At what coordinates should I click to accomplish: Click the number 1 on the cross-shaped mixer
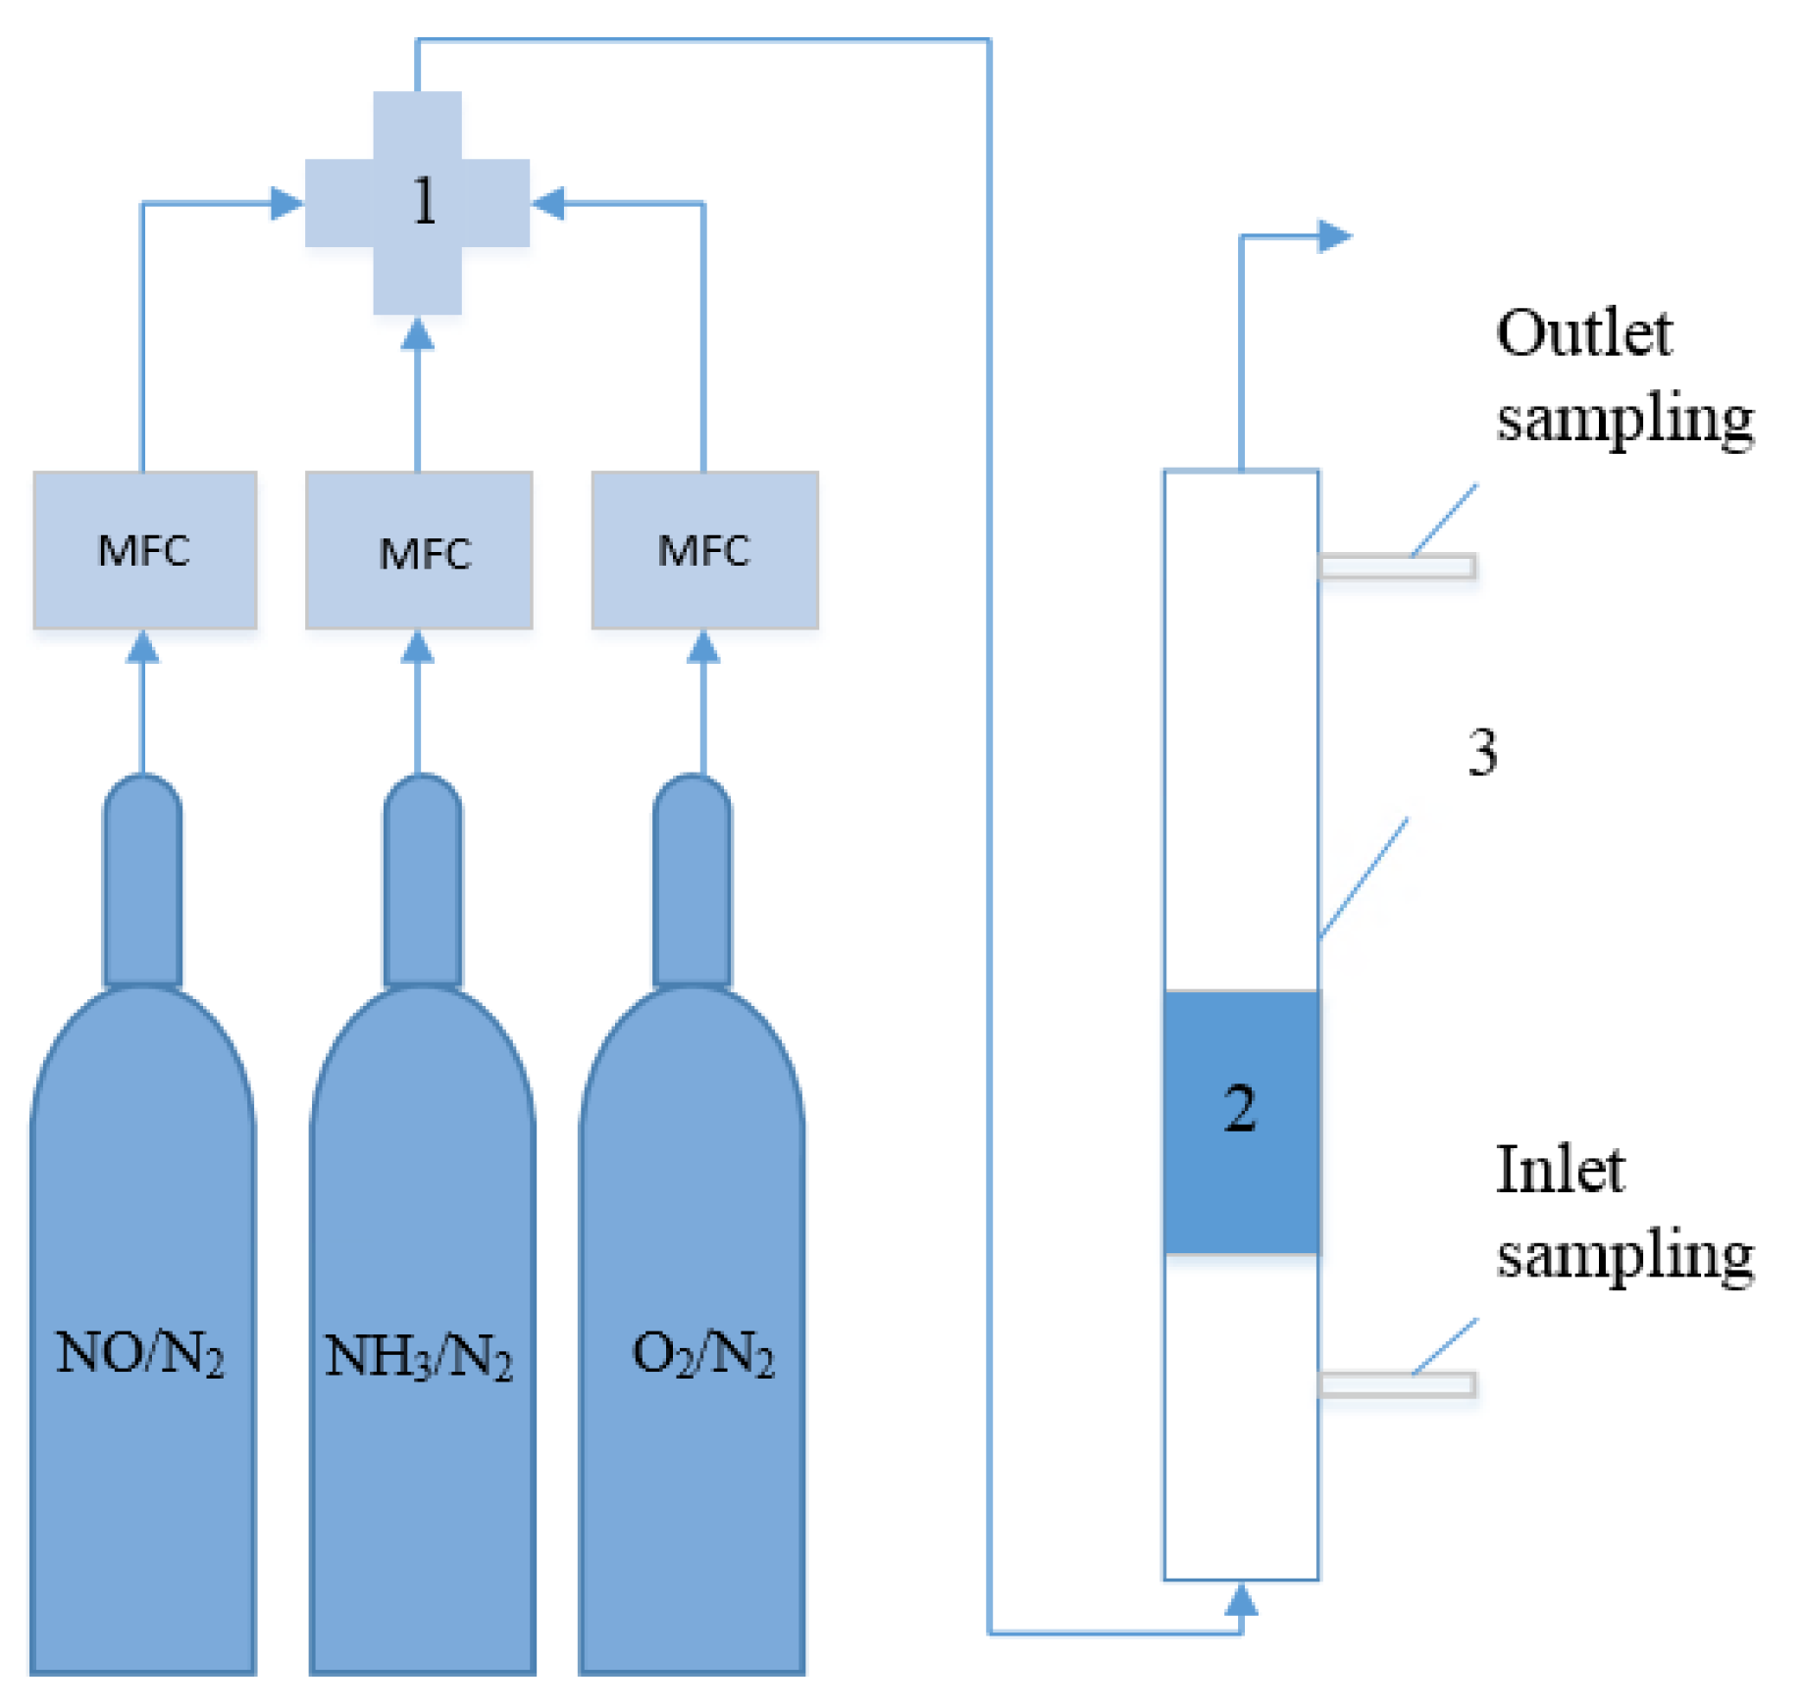pos(424,202)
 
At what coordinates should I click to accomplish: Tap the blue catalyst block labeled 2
pos(1240,1121)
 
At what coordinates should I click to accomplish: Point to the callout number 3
pos(1481,752)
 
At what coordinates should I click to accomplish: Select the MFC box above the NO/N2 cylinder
pos(144,550)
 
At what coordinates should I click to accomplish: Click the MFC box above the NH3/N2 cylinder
pos(420,551)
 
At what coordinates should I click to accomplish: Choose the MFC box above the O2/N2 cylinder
pos(704,550)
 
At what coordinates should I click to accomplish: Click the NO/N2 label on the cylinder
pos(139,1354)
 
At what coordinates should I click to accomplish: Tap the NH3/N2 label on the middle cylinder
pos(419,1357)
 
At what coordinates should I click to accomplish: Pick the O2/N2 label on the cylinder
pos(702,1354)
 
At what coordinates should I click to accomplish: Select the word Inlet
pos(1560,1171)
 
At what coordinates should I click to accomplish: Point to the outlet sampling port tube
pos(1397,567)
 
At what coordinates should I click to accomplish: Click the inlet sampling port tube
pos(1397,1383)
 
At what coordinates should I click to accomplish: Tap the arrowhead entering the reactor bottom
pos(1241,1600)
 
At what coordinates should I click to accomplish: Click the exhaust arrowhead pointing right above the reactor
pos(1334,236)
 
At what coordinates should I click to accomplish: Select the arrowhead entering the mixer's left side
pos(286,203)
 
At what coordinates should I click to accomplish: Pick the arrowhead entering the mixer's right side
pos(547,203)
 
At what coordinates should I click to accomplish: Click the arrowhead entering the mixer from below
pos(418,334)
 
